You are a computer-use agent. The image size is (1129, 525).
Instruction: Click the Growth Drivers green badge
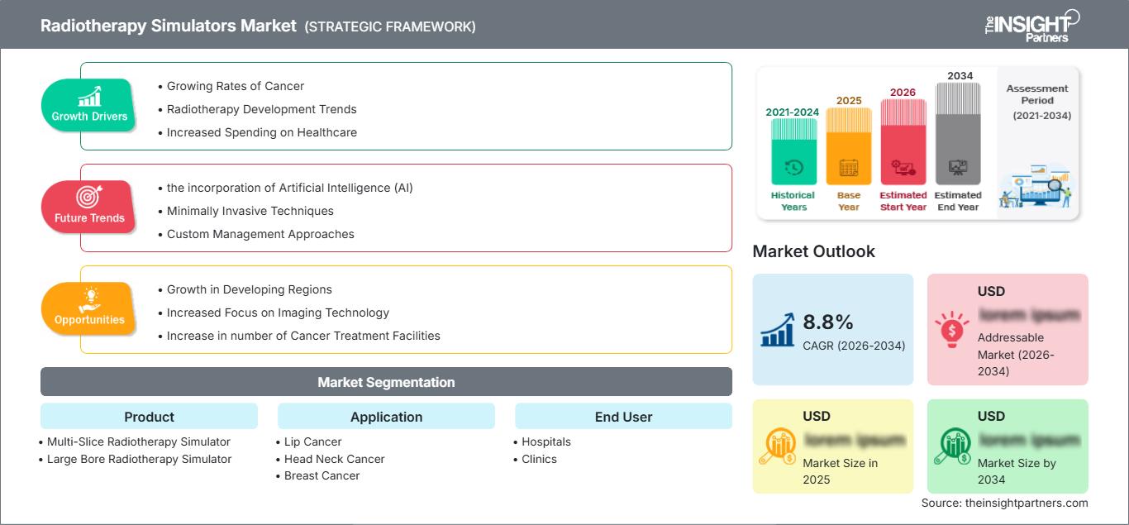click(x=88, y=106)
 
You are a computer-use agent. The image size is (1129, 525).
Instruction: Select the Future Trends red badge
click(x=88, y=207)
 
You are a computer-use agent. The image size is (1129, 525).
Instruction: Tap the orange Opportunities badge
click(x=88, y=308)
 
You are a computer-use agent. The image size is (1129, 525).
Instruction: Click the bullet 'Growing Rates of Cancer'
click(x=235, y=86)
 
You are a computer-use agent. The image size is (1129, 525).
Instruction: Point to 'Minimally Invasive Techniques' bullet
click(x=250, y=211)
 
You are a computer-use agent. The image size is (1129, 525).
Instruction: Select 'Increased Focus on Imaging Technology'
click(x=278, y=313)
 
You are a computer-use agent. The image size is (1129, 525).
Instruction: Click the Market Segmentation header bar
click(x=386, y=382)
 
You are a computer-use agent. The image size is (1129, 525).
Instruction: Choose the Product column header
click(x=149, y=417)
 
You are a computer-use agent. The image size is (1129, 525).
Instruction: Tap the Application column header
click(x=386, y=417)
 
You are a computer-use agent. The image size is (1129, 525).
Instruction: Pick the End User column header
click(x=623, y=417)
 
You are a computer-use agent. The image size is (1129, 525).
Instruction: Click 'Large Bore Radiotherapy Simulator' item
click(x=139, y=459)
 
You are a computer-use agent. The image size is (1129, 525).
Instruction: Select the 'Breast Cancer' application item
click(x=322, y=475)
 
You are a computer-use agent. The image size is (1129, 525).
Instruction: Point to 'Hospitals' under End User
click(x=545, y=441)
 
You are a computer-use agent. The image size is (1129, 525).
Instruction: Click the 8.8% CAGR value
click(x=827, y=322)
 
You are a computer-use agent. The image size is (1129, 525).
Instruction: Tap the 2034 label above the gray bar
click(x=960, y=75)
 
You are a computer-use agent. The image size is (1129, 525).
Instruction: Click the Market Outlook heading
click(x=813, y=251)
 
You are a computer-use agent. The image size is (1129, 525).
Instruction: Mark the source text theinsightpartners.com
click(x=1004, y=503)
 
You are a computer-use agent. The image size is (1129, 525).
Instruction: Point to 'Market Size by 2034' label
click(x=1017, y=471)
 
